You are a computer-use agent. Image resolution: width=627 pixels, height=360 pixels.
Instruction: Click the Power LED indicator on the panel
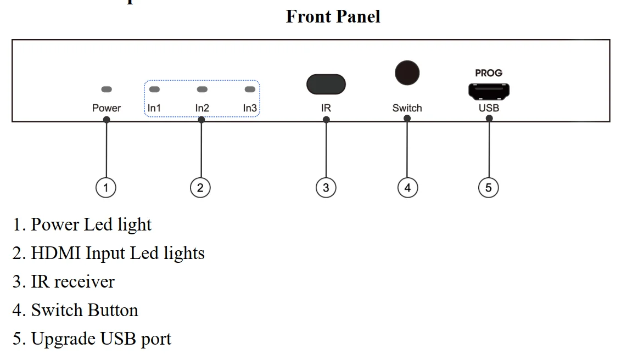point(107,89)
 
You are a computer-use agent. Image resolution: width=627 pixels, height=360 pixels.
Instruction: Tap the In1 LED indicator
point(155,89)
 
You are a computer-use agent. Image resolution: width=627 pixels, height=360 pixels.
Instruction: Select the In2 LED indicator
point(202,89)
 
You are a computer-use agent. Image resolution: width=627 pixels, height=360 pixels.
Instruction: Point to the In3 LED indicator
point(250,89)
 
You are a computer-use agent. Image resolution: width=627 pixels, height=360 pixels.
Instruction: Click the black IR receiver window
point(326,85)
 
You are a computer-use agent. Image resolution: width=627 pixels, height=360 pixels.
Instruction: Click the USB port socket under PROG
point(489,91)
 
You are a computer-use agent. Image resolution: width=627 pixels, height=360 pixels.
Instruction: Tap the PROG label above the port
point(489,73)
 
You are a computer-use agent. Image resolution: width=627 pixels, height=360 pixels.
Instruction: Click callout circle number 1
point(106,188)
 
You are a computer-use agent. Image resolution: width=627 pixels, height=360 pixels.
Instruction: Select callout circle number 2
point(200,188)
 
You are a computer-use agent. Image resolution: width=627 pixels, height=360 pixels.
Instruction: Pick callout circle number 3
point(326,188)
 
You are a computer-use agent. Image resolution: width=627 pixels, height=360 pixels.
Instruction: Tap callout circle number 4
point(407,188)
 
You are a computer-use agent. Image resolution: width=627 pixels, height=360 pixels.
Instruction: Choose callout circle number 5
point(489,188)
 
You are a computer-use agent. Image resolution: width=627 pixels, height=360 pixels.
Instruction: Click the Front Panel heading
point(333,16)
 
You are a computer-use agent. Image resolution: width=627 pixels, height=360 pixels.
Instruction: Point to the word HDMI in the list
point(56,253)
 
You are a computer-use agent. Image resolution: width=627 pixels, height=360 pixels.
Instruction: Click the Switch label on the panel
point(407,108)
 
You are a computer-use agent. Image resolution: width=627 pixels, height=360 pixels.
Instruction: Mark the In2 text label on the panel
point(202,108)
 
